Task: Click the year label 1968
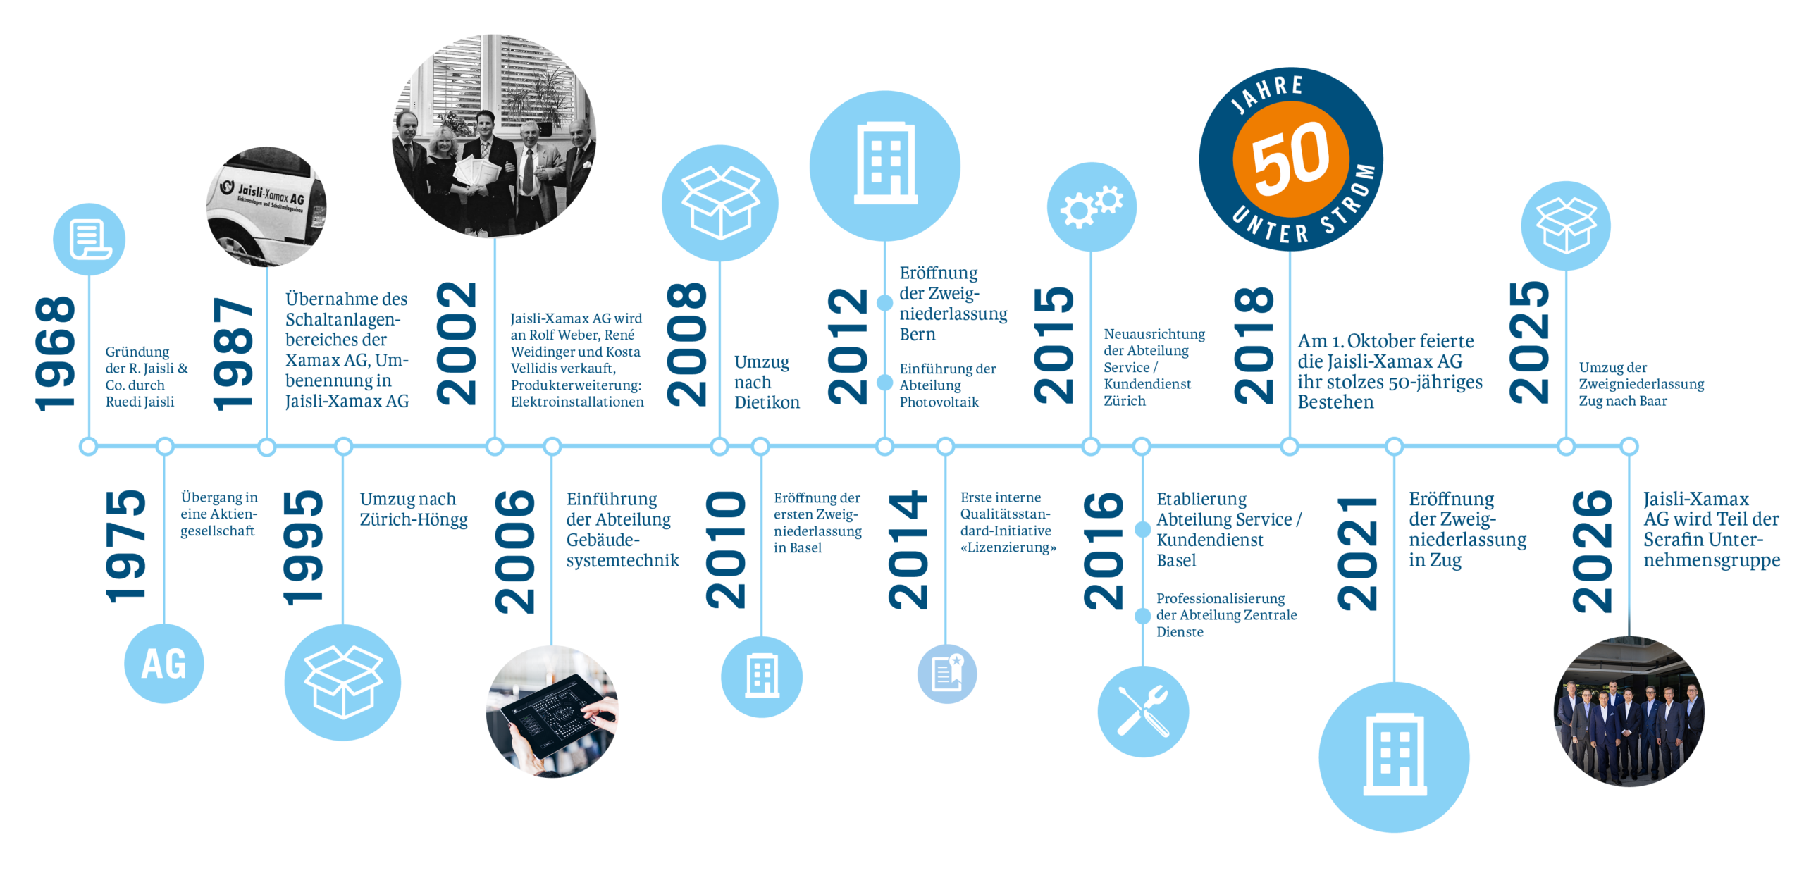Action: point(55,354)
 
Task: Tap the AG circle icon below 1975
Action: point(163,664)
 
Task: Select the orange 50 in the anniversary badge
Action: point(1290,159)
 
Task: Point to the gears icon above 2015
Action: point(1092,206)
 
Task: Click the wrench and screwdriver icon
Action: point(1143,712)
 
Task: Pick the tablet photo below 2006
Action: point(552,712)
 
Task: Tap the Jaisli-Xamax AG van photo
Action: point(266,207)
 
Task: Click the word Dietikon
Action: point(767,402)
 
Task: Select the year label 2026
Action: point(1591,551)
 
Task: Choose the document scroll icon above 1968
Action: point(89,240)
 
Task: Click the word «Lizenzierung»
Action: point(1008,547)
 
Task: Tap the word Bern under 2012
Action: point(918,334)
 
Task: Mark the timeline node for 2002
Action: point(495,446)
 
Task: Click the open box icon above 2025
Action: point(1566,225)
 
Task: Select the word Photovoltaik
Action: point(939,402)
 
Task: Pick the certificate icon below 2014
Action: point(946,674)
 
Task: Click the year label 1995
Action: point(302,548)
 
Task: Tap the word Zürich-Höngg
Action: point(414,520)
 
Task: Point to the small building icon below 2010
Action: point(762,677)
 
